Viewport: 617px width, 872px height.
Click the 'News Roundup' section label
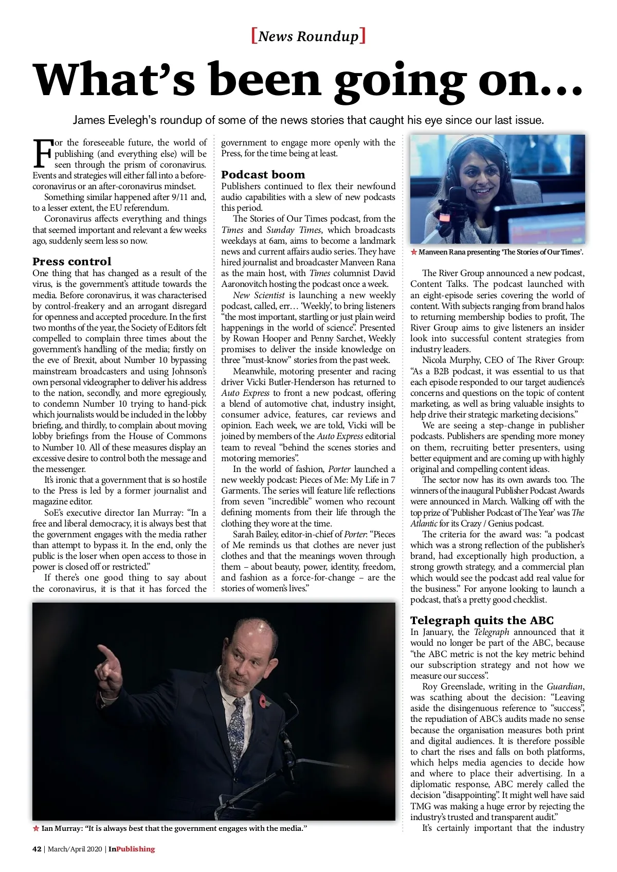click(308, 36)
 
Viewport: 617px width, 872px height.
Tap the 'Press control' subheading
click(71, 261)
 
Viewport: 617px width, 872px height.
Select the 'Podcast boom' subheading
click(263, 174)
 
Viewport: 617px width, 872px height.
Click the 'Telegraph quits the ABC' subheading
click(482, 620)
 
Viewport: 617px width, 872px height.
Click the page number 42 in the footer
click(37, 849)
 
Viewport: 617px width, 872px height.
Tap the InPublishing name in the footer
click(131, 849)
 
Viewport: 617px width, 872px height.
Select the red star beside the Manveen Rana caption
click(414, 252)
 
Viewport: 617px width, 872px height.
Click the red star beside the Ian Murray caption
click(36, 828)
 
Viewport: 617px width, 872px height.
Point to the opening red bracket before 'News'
click(254, 36)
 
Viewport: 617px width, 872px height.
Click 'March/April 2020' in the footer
click(76, 849)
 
